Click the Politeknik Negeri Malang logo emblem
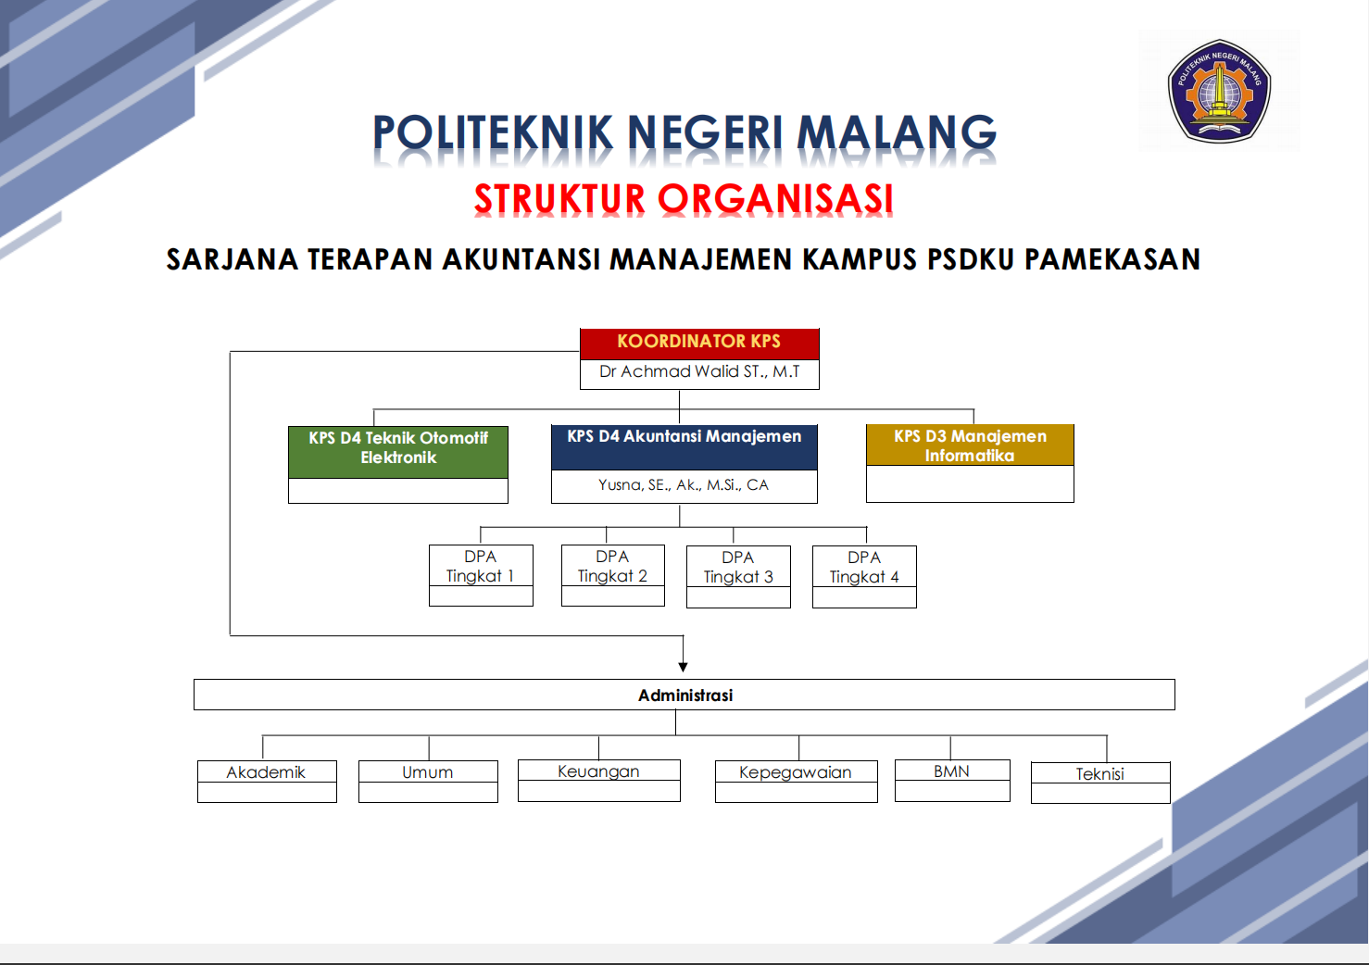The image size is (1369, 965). (x=1219, y=91)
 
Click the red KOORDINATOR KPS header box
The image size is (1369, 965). (x=699, y=344)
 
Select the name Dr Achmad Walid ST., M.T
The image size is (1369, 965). (x=699, y=371)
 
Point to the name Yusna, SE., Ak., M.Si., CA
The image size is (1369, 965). (x=684, y=485)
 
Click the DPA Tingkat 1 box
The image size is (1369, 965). (x=481, y=575)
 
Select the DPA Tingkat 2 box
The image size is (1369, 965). (x=613, y=575)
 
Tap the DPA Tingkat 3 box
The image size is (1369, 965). (x=738, y=576)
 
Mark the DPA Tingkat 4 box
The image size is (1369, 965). (x=864, y=576)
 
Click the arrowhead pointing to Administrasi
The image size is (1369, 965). (x=684, y=667)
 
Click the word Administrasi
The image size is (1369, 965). (x=685, y=696)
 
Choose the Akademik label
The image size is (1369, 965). (x=266, y=772)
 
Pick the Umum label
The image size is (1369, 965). (x=427, y=772)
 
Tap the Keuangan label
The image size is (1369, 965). (x=598, y=771)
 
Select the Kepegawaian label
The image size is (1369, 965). (x=795, y=773)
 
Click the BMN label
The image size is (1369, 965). (x=951, y=771)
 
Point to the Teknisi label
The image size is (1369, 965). (x=1100, y=774)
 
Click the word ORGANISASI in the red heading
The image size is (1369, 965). (x=775, y=199)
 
